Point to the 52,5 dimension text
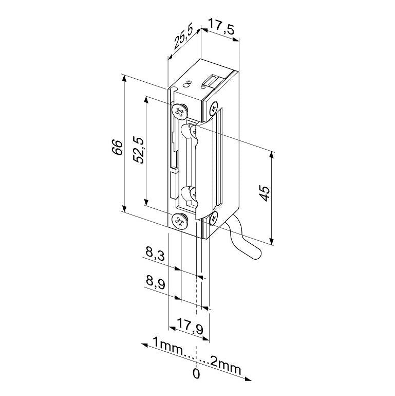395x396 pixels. pyautogui.click(x=138, y=150)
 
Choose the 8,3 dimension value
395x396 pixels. pyautogui.click(x=155, y=254)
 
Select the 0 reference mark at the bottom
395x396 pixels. pyautogui.click(x=196, y=374)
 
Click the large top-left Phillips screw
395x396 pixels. pyautogui.click(x=180, y=110)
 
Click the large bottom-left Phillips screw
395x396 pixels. pyautogui.click(x=179, y=222)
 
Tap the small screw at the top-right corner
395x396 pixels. pyautogui.click(x=213, y=107)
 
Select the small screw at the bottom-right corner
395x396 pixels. pyautogui.click(x=214, y=218)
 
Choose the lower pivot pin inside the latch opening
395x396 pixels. pyautogui.click(x=189, y=194)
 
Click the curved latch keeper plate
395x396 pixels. pyautogui.click(x=206, y=165)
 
